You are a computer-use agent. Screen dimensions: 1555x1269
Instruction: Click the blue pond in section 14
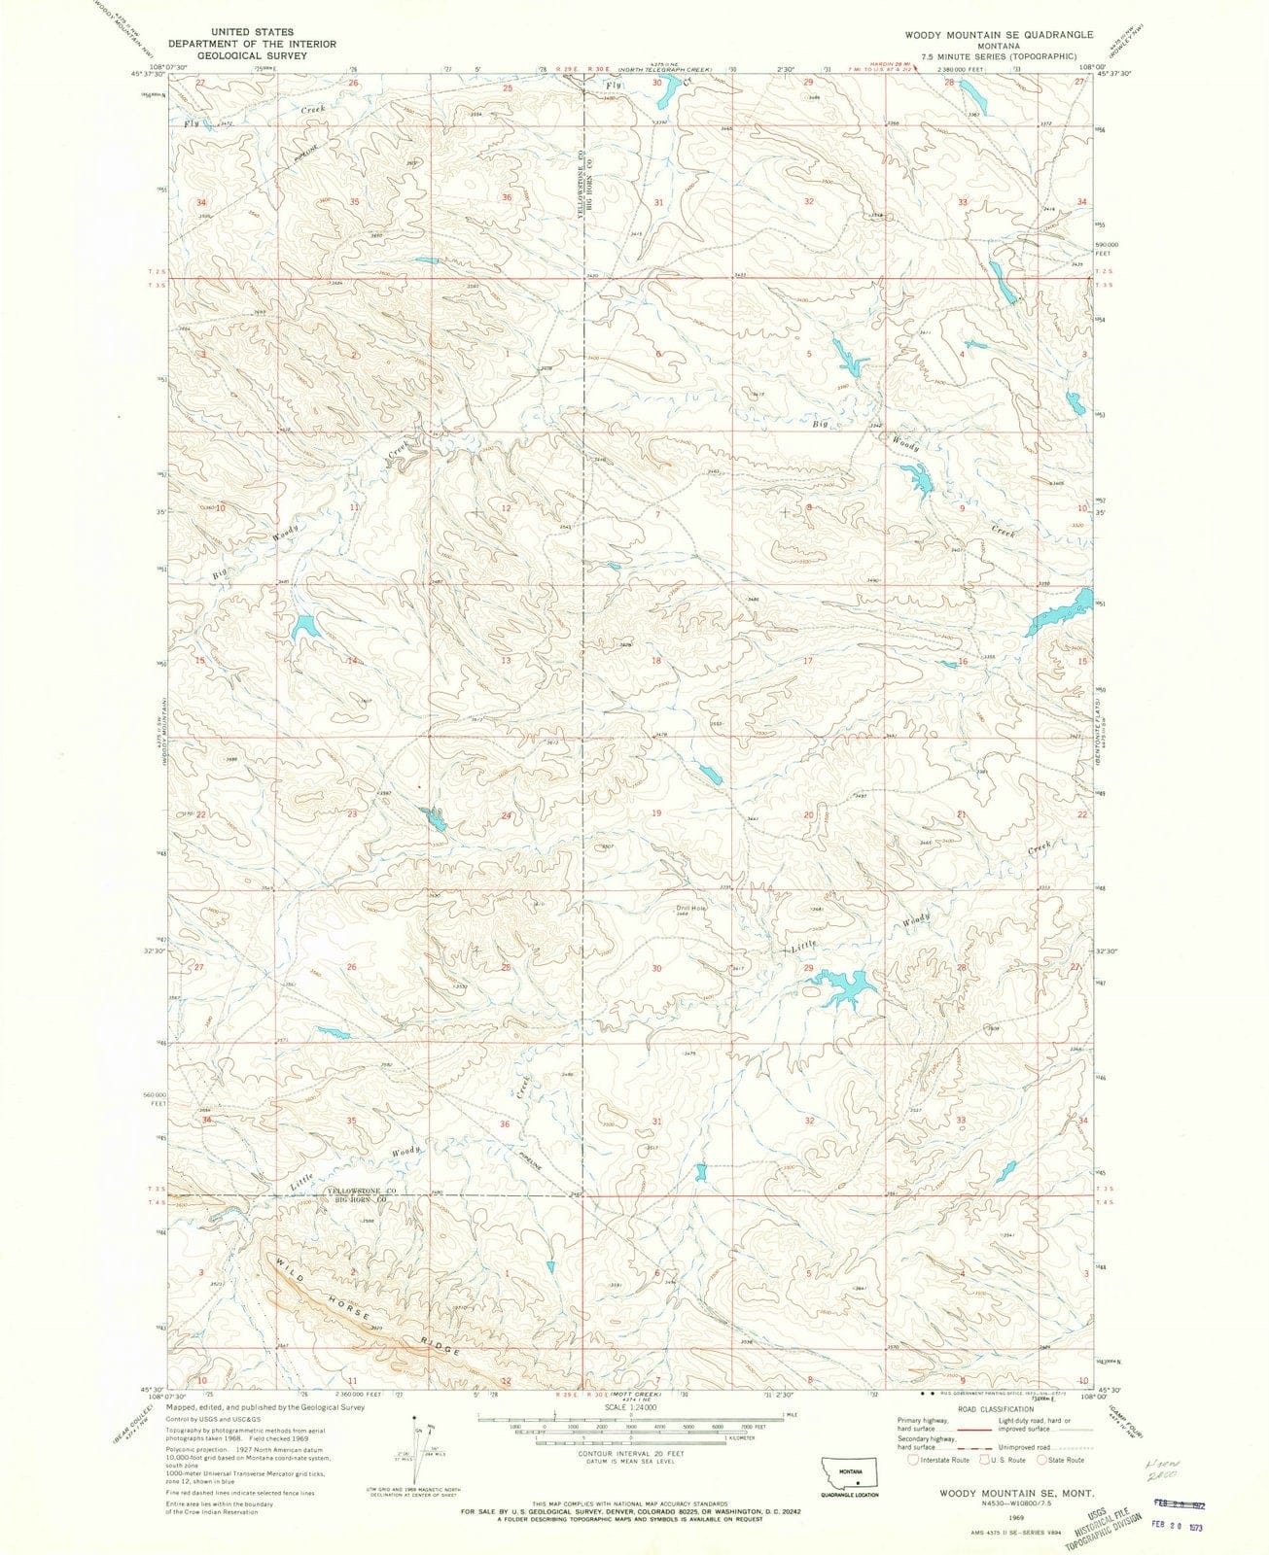304,627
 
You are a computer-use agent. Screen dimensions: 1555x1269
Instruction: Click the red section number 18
656,661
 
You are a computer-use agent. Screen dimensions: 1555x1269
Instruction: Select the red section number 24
506,815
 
